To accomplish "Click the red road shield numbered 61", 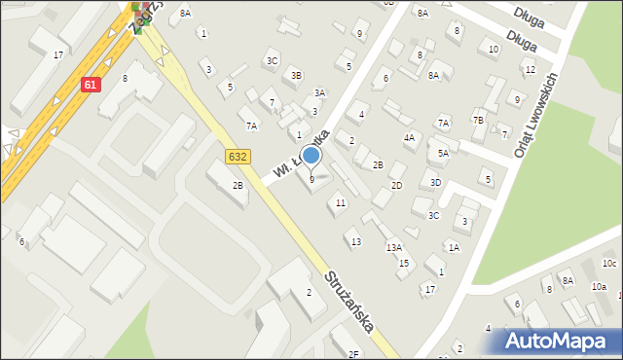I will coord(91,85).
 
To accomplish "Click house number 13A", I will coord(393,248).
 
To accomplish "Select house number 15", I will coord(403,263).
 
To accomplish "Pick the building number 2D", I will coord(396,185).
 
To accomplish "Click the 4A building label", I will coord(410,138).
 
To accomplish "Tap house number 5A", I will coord(443,154).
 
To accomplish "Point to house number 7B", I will coord(478,120).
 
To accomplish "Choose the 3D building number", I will coord(436,182).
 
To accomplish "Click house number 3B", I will coord(297,75).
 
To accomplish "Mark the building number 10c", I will coord(609,264).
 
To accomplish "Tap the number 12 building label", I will coord(530,70).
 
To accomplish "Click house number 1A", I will coord(454,247).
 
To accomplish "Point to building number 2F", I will coord(353,354).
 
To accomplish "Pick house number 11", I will coord(340,202).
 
